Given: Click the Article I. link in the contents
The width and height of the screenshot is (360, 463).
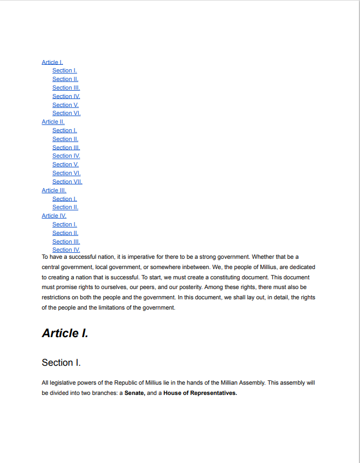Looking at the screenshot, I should pyautogui.click(x=52, y=62).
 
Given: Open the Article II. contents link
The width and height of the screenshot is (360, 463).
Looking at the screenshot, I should pyautogui.click(x=53, y=122).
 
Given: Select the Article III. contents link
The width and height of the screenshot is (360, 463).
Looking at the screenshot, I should pyautogui.click(x=54, y=190).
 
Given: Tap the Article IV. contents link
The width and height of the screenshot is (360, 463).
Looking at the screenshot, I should pyautogui.click(x=54, y=216).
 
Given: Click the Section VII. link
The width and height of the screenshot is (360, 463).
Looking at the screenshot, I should pyautogui.click(x=67, y=182).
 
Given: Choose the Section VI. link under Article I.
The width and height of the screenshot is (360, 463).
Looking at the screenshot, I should pyautogui.click(x=66, y=113).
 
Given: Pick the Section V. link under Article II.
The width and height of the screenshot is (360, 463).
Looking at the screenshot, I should pyautogui.click(x=65, y=164).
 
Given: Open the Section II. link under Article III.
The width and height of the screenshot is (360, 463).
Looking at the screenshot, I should pyautogui.click(x=65, y=207).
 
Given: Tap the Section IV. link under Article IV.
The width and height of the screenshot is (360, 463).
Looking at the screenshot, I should pyautogui.click(x=66, y=250).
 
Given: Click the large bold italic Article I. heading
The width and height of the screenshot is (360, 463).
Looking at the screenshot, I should pyautogui.click(x=65, y=333).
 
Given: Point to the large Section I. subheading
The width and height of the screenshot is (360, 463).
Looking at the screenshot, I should pyautogui.click(x=61, y=363).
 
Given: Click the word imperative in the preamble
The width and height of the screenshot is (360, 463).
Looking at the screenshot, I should pyautogui.click(x=141, y=257).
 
